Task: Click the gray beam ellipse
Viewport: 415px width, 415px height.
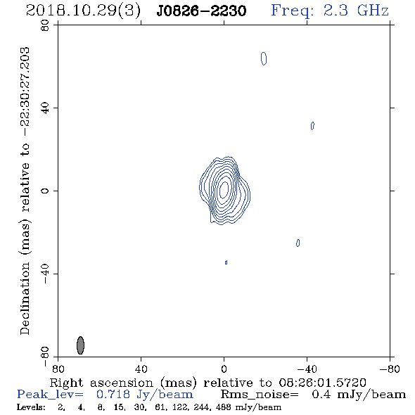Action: (x=80, y=345)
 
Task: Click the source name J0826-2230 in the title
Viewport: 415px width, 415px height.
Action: (x=201, y=11)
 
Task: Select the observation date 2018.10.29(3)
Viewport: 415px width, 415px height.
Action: (x=83, y=11)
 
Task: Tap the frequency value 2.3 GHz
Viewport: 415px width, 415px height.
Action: (x=356, y=11)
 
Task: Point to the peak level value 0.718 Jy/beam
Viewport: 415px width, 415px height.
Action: (x=144, y=395)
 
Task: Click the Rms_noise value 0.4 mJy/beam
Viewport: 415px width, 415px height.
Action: (x=359, y=395)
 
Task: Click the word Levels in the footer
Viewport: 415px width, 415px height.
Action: (x=31, y=407)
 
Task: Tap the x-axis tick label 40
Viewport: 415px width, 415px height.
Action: (x=141, y=369)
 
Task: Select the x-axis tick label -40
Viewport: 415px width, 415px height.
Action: (x=307, y=369)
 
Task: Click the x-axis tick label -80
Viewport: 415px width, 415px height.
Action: (x=390, y=369)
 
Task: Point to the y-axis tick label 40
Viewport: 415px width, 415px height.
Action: (x=45, y=108)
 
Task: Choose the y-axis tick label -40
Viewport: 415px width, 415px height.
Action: (x=45, y=274)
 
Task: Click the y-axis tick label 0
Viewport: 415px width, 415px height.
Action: (x=45, y=191)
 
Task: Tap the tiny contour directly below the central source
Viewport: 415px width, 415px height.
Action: (x=226, y=262)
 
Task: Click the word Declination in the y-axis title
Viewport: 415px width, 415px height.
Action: (x=25, y=298)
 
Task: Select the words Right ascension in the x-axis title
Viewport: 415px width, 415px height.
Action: (x=101, y=383)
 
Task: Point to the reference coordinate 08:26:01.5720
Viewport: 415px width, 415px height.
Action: (x=322, y=383)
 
